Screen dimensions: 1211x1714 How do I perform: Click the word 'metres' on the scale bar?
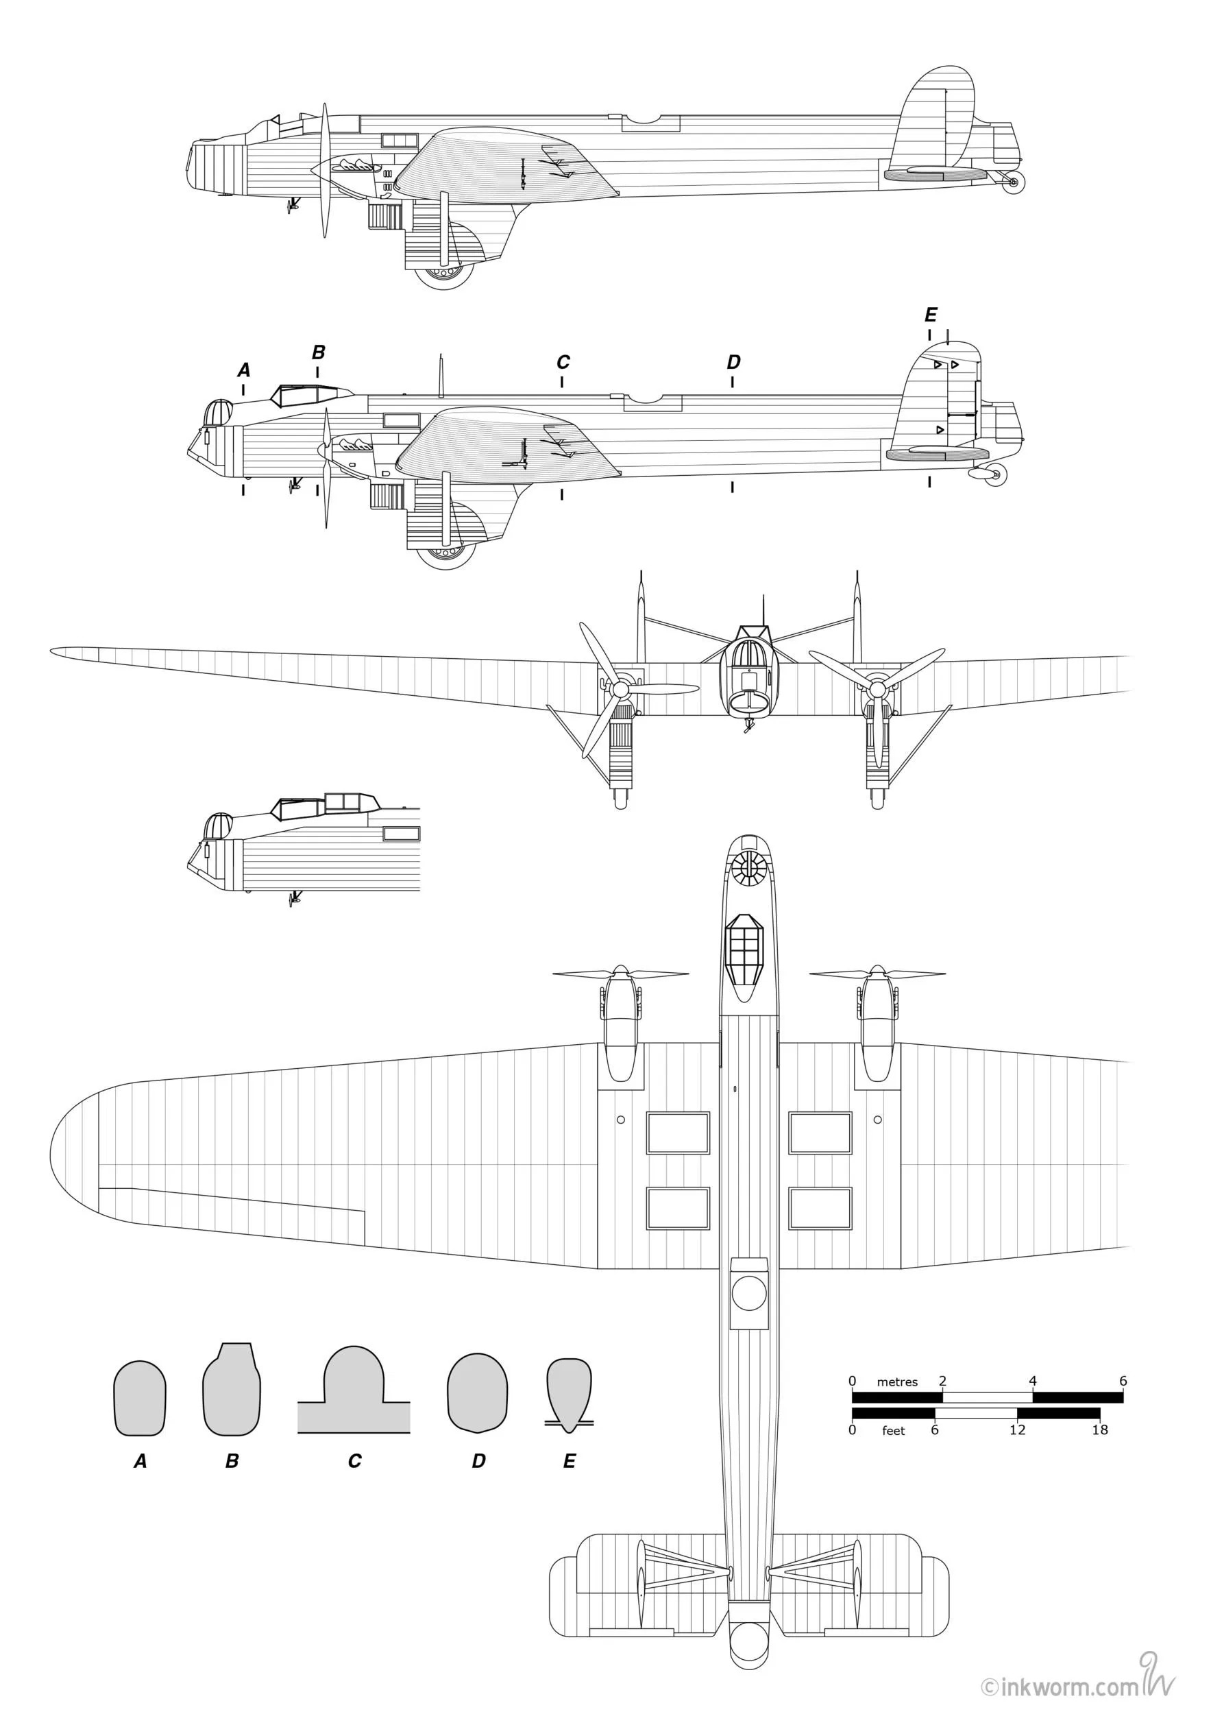point(897,1381)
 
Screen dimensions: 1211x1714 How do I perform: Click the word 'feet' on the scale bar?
point(893,1431)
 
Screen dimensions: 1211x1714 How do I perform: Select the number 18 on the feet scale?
point(1100,1430)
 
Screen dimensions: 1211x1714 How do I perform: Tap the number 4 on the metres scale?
point(1033,1381)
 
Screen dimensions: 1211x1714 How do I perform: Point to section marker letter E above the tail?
point(931,314)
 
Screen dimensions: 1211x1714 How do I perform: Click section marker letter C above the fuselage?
point(563,362)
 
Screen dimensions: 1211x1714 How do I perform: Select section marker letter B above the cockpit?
point(319,352)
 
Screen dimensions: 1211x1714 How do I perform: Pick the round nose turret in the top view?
point(748,867)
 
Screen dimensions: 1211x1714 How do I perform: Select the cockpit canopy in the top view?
point(748,956)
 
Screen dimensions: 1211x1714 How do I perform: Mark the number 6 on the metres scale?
point(1123,1381)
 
